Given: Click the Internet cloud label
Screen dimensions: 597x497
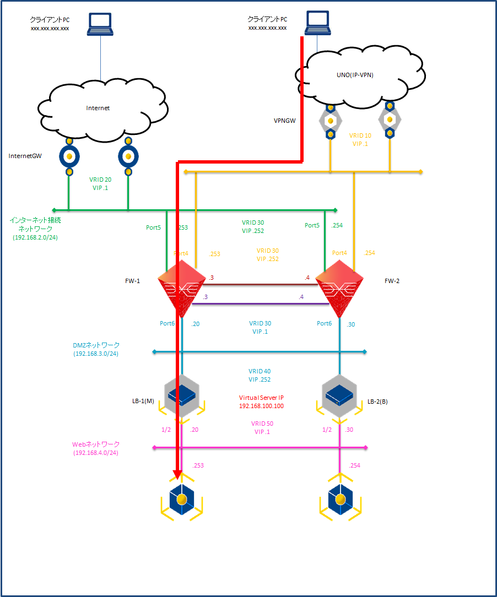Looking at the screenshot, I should pyautogui.click(x=98, y=108).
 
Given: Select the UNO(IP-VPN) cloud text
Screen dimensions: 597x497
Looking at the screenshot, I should pyautogui.click(x=355, y=75).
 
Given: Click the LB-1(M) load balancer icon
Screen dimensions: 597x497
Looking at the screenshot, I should pyautogui.click(x=181, y=394).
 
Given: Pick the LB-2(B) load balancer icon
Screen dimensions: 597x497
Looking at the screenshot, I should pyautogui.click(x=339, y=394).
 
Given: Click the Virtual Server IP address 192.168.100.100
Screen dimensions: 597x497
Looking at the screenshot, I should pyautogui.click(x=261, y=405).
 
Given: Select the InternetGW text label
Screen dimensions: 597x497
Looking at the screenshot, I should pyautogui.click(x=26, y=156).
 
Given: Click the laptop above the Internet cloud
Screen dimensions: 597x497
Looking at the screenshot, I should pyautogui.click(x=100, y=24).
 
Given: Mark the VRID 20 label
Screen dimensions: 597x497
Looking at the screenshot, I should pyautogui.click(x=100, y=180).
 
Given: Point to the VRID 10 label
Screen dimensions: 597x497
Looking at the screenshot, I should pyautogui.click(x=360, y=135).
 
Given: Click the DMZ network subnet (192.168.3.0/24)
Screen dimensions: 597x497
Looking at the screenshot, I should pyautogui.click(x=96, y=354).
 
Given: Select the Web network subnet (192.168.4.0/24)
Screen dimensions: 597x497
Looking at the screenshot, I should pyautogui.click(x=96, y=453).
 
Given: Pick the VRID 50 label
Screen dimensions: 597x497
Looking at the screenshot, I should pyautogui.click(x=262, y=424).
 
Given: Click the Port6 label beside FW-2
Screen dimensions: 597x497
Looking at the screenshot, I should pyautogui.click(x=325, y=323).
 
